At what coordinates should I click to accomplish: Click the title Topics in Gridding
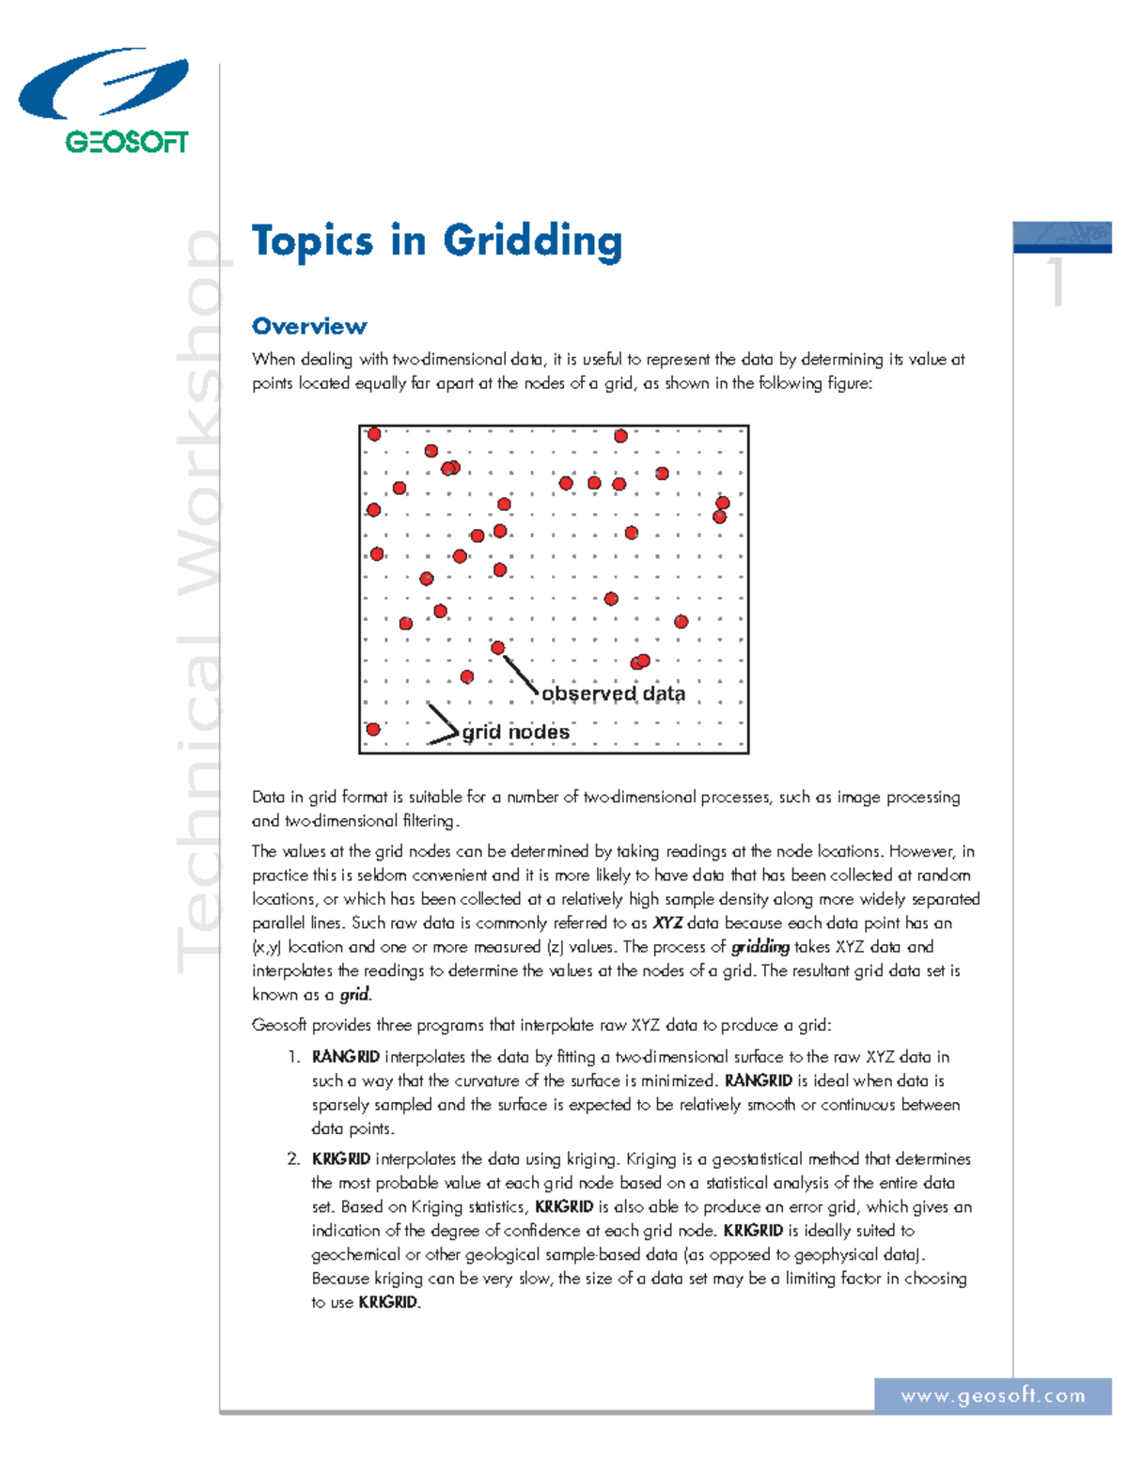[x=437, y=241]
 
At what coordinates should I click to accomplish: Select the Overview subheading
[x=309, y=327]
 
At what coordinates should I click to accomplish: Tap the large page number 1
[x=1058, y=281]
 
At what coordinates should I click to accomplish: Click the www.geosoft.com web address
[x=993, y=1396]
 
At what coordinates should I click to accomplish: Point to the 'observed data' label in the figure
[x=613, y=694]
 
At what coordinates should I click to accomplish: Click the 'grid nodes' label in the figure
[x=516, y=732]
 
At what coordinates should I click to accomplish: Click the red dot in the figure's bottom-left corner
[x=373, y=729]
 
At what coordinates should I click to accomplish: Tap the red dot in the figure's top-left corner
[x=374, y=434]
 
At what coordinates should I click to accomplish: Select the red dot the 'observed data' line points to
[x=498, y=647]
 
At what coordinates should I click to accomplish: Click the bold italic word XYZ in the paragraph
[x=667, y=924]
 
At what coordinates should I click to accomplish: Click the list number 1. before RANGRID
[x=294, y=1057]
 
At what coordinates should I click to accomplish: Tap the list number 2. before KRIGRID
[x=294, y=1159]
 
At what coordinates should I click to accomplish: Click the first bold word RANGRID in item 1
[x=346, y=1057]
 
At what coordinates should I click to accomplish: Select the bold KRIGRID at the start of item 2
[x=341, y=1159]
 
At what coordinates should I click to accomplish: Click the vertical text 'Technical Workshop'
[x=199, y=601]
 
